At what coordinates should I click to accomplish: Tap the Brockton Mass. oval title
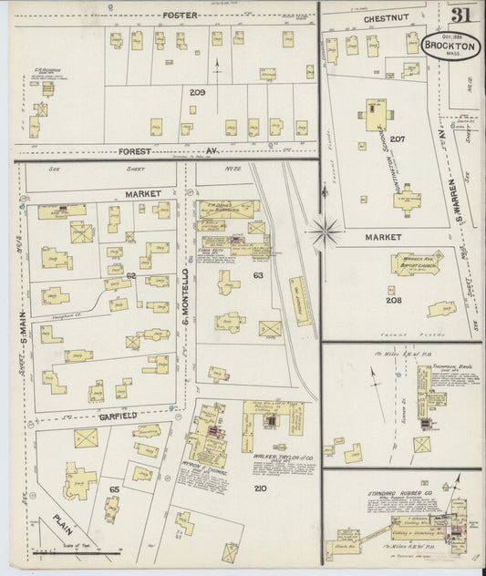451,46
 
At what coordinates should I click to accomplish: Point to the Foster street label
181,15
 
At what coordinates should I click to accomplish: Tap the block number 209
198,93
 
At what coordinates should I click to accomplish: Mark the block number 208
394,300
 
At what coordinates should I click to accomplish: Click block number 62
130,274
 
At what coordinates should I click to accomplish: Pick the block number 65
115,489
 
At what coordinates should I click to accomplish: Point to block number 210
261,489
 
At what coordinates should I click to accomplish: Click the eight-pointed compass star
325,231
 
